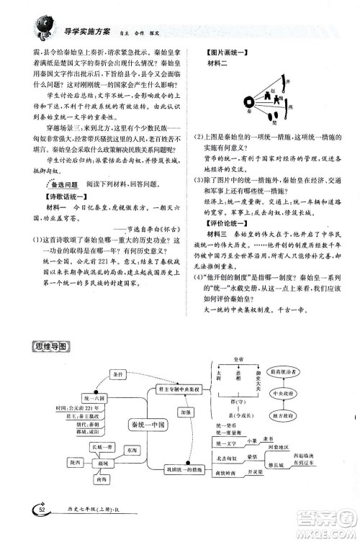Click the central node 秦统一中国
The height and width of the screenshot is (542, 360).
(x=145, y=425)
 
